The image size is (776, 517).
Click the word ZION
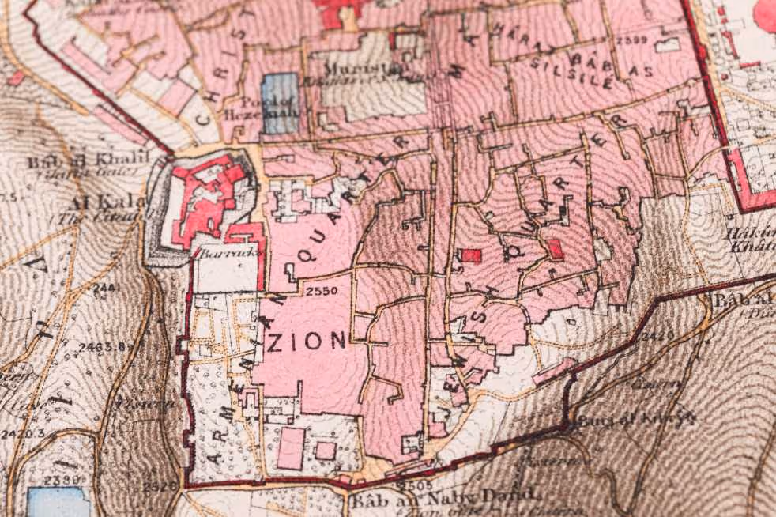[x=308, y=341]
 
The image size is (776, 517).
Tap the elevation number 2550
[x=322, y=290]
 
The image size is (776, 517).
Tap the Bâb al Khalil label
[x=89, y=160]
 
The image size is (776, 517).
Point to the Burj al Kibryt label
[x=636, y=417]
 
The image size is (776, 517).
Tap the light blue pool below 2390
[x=57, y=501]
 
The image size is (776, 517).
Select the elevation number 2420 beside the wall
[x=657, y=335]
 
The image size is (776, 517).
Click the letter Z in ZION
[x=277, y=342]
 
